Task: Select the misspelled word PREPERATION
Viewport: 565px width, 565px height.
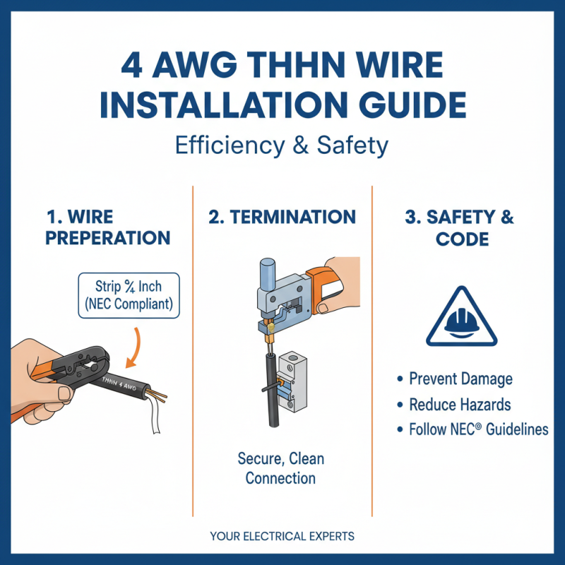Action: tap(107, 238)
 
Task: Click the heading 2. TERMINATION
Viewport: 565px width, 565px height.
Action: tap(282, 217)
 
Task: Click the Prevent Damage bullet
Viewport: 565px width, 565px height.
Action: tap(460, 379)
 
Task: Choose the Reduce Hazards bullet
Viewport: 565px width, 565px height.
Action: tap(460, 404)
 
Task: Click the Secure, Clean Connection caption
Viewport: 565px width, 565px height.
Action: tap(280, 468)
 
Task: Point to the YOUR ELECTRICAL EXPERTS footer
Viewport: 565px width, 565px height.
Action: tap(282, 536)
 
